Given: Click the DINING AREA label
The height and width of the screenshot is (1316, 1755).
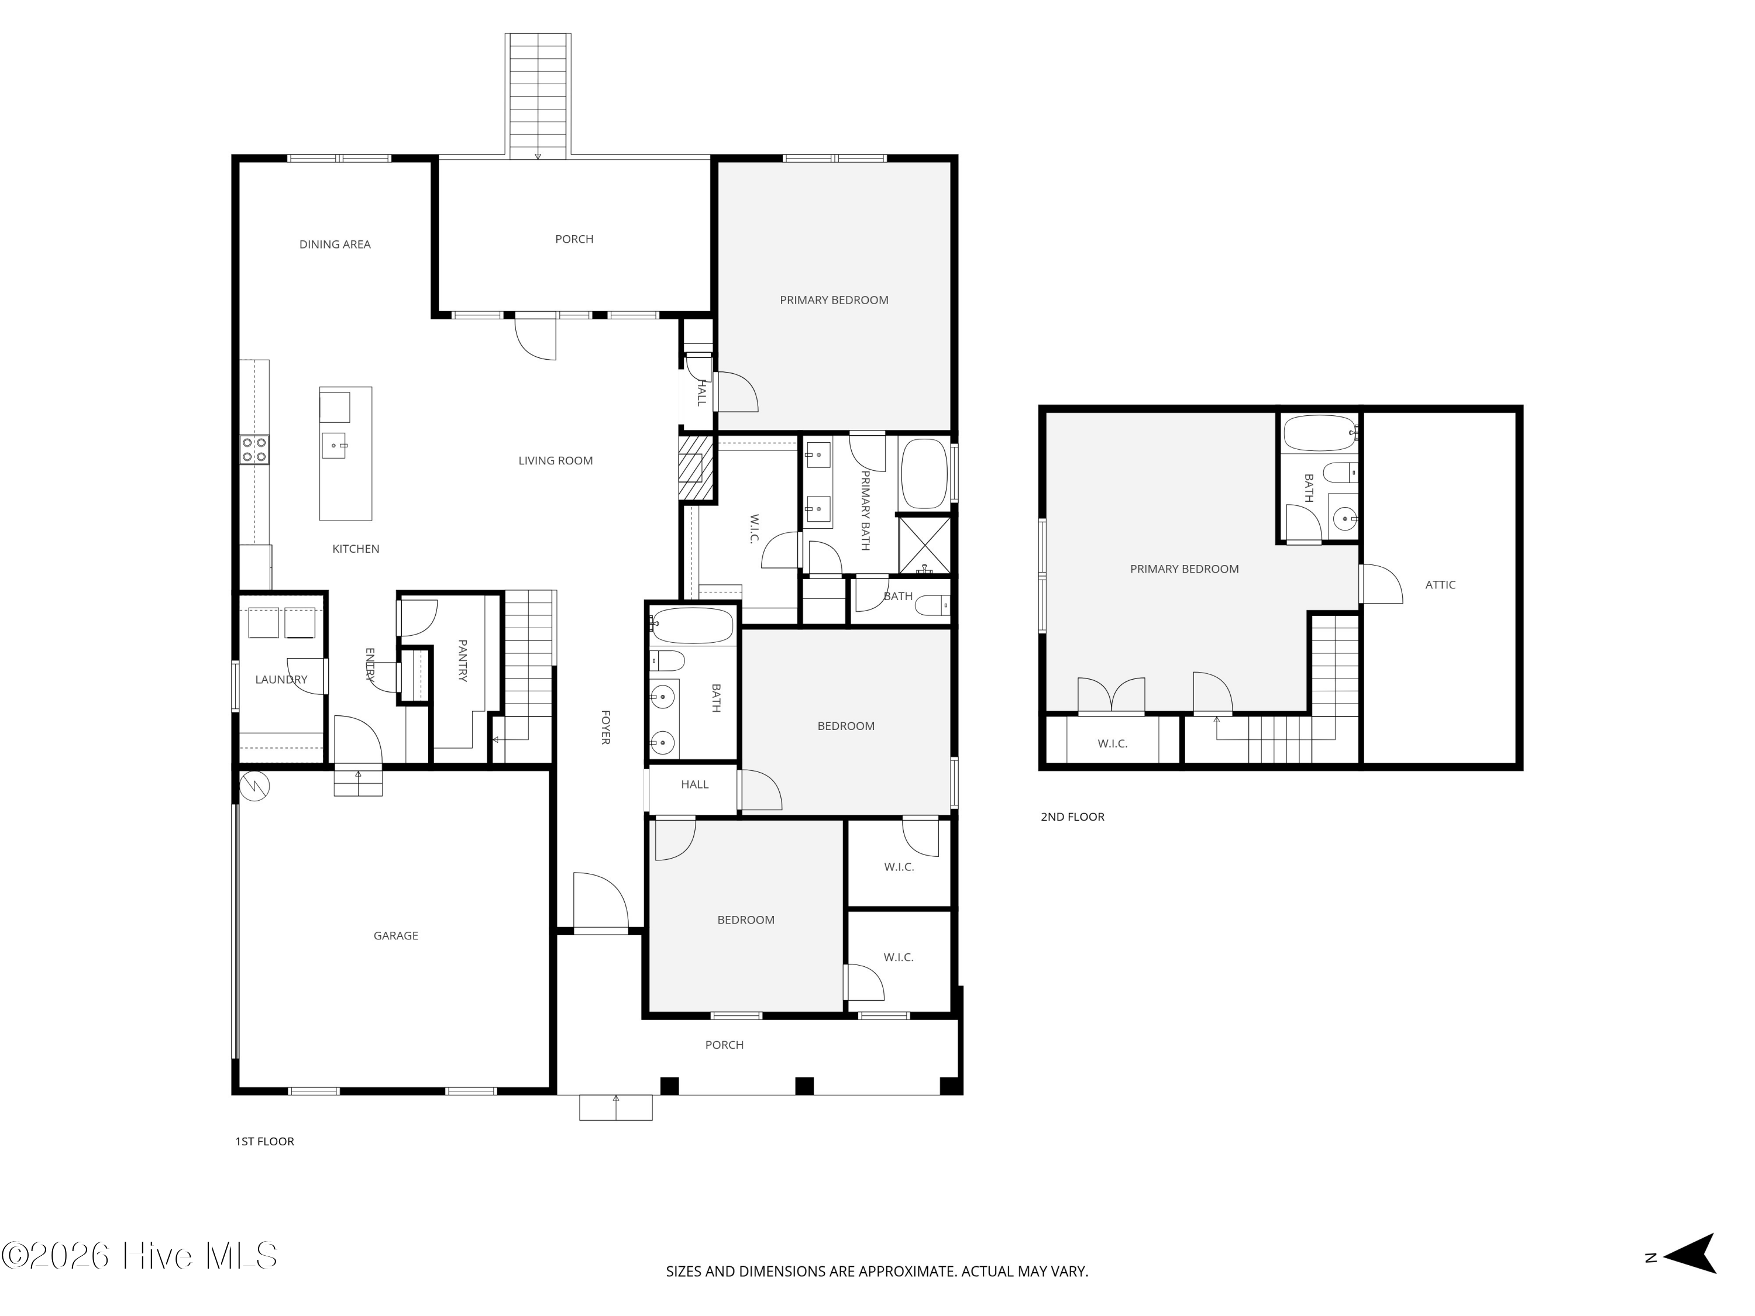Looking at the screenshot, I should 335,244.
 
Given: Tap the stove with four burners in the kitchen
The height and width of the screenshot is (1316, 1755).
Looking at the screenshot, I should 254,450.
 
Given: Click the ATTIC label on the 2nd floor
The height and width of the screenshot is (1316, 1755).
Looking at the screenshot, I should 1440,585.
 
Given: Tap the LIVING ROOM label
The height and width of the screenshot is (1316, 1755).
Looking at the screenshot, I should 555,461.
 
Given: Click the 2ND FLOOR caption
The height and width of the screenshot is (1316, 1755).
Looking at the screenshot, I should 1072,817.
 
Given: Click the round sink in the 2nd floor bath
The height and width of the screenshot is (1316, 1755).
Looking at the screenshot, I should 1345,519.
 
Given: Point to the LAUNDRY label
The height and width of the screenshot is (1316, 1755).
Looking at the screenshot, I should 281,680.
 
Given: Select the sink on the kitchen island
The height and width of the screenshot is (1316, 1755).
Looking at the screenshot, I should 333,446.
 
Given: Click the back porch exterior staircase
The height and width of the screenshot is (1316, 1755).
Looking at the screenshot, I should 538,95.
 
